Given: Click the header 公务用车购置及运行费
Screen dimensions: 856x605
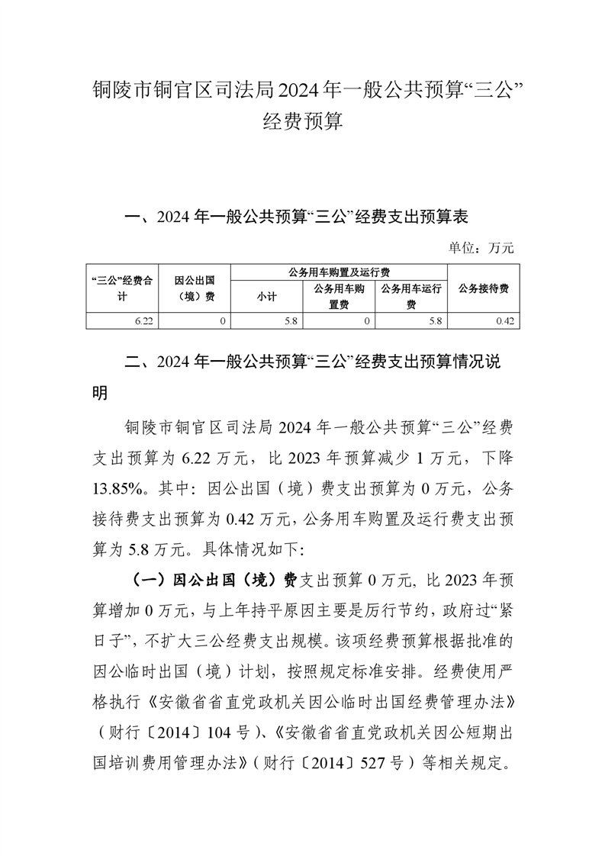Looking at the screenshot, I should tap(339, 272).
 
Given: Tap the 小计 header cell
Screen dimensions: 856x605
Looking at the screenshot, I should tap(266, 298).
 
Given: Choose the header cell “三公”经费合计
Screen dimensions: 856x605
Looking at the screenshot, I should tap(122, 288).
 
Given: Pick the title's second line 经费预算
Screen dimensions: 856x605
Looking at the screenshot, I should tap(302, 121).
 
